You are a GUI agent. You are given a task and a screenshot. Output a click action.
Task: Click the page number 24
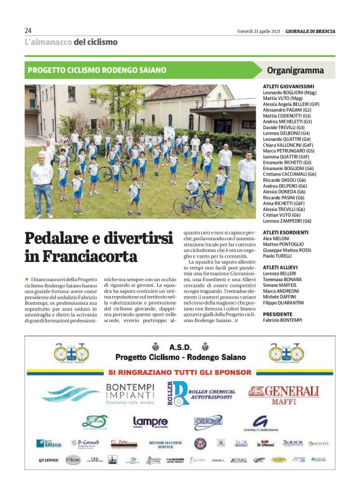pos(28,30)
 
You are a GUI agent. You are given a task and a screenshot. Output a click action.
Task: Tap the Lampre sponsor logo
pos(151,422)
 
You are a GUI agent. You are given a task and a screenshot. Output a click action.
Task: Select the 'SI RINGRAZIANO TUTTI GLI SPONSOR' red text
pos(180,372)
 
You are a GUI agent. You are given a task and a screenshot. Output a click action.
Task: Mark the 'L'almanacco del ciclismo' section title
pos(71,42)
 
